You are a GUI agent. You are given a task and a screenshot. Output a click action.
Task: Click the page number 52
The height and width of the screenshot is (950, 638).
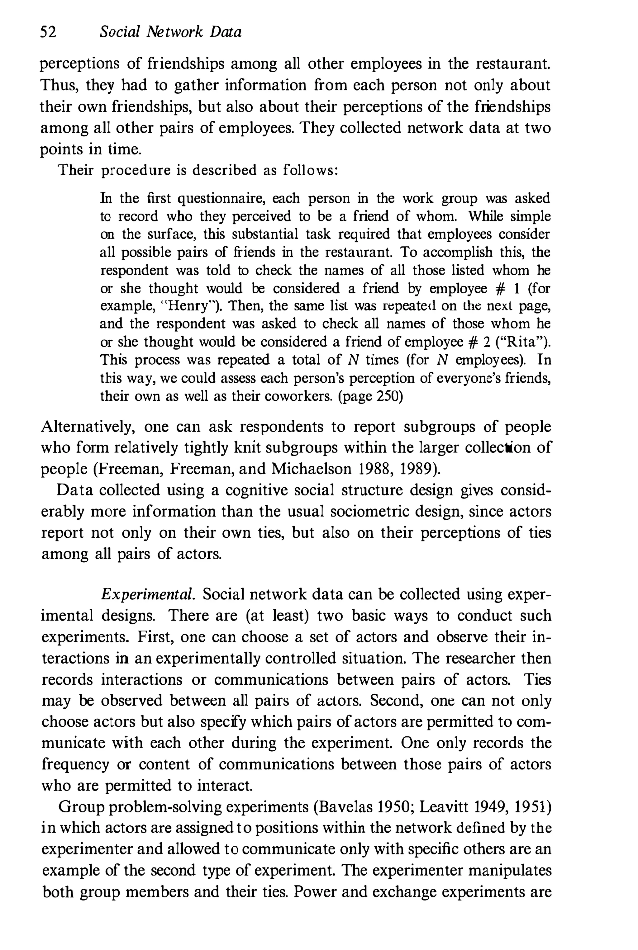tap(48, 32)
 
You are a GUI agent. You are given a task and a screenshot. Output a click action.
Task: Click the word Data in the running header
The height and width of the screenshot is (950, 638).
tap(226, 32)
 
